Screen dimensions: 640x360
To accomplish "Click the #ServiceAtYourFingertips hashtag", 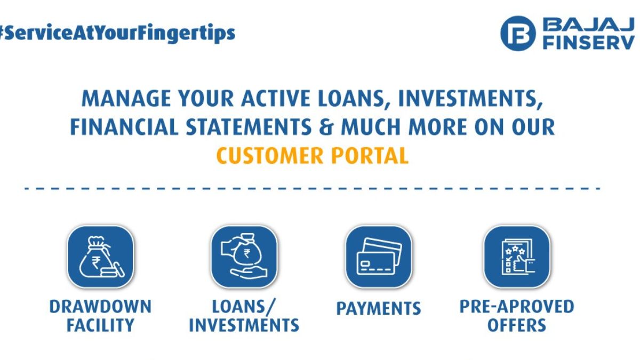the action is (x=117, y=34).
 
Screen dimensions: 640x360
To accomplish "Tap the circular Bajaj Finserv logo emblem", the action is (x=518, y=34).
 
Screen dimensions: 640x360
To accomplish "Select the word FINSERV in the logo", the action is (x=589, y=43).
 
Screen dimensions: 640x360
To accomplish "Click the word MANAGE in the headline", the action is (x=126, y=99).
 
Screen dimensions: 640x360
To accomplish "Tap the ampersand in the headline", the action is (x=326, y=127).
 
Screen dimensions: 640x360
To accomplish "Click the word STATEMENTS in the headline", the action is (x=249, y=127).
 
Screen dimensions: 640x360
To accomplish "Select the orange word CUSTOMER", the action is (x=270, y=155).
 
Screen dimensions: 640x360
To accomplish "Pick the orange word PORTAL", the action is (x=370, y=155).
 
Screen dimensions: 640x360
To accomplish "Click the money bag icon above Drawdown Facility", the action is (x=101, y=257).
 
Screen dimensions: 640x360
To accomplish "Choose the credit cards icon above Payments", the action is (x=379, y=257).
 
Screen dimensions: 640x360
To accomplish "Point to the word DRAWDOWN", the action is (x=101, y=307).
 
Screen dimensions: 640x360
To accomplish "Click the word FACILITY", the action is (x=101, y=325).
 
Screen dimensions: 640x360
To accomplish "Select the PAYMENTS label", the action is (x=379, y=308).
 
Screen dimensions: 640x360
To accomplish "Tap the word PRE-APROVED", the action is (x=517, y=307).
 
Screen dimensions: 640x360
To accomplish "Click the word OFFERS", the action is (x=517, y=325).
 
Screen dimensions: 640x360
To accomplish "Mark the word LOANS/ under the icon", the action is (x=244, y=307).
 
